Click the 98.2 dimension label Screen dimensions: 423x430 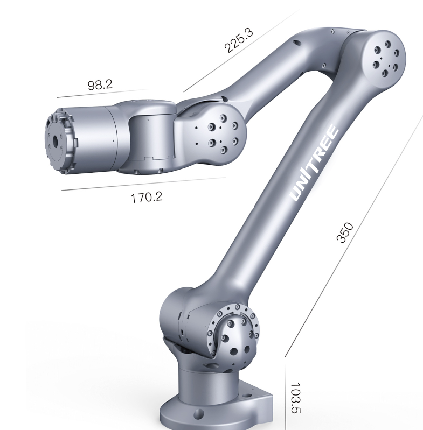pos(100,85)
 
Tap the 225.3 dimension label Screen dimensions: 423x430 pos(239,40)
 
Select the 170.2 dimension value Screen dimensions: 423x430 pos(147,197)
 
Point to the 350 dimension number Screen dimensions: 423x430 pos(345,232)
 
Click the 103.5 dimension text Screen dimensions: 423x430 pos(296,398)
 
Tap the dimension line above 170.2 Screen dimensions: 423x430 pos(143,184)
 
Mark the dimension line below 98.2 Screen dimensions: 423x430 pos(103,93)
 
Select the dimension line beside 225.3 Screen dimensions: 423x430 pos(240,52)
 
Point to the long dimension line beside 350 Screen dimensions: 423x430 pos(354,236)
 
